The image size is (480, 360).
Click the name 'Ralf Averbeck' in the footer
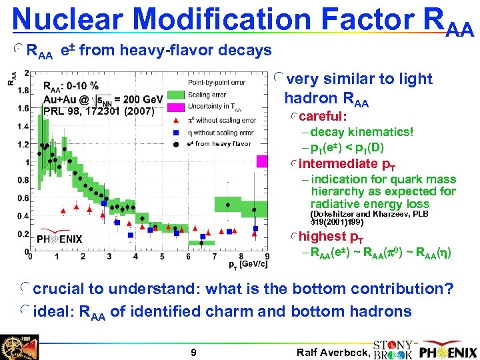pyautogui.click(x=330, y=352)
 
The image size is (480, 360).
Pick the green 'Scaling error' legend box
pyautogui.click(x=175, y=95)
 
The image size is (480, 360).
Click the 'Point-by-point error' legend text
pyautogui.click(x=216, y=82)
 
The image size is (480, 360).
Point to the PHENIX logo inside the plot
pyautogui.click(x=60, y=239)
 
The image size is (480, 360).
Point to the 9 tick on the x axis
pyautogui.click(x=267, y=257)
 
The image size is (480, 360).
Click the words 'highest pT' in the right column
pyautogui.click(x=327, y=236)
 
